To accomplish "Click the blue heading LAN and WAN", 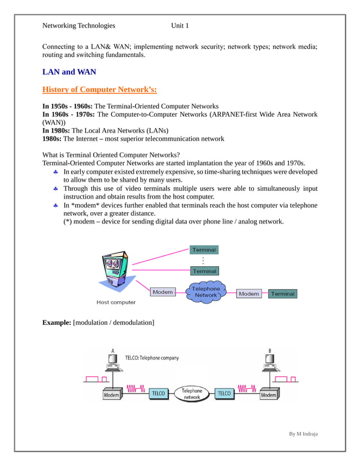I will tap(69, 72).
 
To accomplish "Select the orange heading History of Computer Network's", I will tap(100, 90).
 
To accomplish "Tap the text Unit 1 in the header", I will tap(180, 25).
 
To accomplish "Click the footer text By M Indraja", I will tap(303, 433).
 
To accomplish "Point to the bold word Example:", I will tap(57, 322).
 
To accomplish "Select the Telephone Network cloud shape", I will tap(206, 292).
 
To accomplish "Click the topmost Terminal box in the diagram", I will tap(204, 250).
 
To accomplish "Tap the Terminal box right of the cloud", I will tap(282, 294).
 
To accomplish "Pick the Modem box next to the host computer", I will tap(163, 292).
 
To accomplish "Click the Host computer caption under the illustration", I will tap(116, 302).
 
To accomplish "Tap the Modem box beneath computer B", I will tap(269, 395).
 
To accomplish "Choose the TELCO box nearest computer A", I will tap(158, 393).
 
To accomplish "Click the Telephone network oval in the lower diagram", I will tap(192, 393).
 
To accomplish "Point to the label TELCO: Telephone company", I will tap(152, 358).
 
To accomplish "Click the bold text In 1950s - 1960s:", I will tap(68, 106).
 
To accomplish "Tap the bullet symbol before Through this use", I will tap(55, 188).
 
